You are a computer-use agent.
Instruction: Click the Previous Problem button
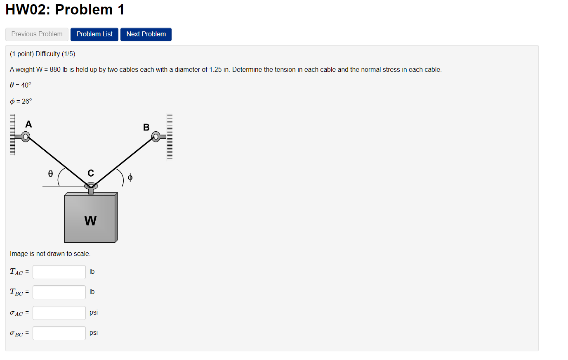click(37, 34)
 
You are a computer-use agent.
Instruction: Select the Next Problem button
click(146, 34)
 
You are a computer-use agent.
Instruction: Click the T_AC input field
click(59, 272)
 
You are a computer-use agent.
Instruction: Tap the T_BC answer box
click(59, 292)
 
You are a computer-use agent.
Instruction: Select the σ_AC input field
click(59, 313)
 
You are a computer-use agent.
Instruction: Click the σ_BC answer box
click(59, 333)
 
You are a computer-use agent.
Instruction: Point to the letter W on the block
click(90, 221)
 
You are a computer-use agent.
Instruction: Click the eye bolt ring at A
click(26, 136)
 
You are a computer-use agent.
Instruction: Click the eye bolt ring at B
click(156, 136)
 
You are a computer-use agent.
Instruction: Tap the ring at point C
click(91, 186)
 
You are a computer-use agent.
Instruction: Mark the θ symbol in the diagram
click(50, 174)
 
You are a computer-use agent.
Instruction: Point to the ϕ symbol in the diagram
click(130, 178)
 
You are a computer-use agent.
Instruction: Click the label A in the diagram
click(28, 124)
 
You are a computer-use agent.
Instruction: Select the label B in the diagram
click(146, 127)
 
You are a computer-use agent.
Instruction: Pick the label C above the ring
click(91, 173)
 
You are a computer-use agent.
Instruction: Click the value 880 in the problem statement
click(55, 70)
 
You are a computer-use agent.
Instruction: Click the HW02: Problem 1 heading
click(65, 9)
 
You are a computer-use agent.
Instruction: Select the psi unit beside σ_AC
click(94, 313)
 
